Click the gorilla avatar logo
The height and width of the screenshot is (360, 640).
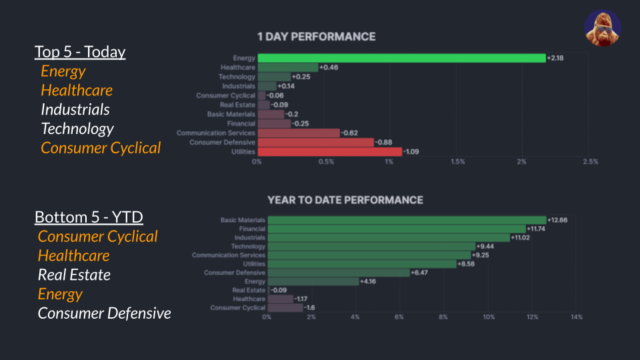pyautogui.click(x=603, y=29)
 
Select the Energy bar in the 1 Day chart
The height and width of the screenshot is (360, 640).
pyautogui.click(x=401, y=58)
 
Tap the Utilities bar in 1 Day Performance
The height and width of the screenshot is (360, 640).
pyautogui.click(x=329, y=152)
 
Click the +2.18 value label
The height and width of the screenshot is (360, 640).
pyautogui.click(x=555, y=58)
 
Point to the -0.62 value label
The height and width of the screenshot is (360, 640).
pyautogui.click(x=349, y=133)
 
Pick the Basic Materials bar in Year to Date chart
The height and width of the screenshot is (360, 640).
pyautogui.click(x=407, y=220)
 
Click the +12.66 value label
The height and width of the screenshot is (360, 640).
pyautogui.click(x=557, y=220)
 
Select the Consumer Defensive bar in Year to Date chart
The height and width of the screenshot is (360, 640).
pyautogui.click(x=338, y=273)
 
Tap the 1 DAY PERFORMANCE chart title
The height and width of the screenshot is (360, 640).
pyautogui.click(x=316, y=37)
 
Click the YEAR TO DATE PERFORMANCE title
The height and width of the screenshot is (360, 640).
pyautogui.click(x=345, y=200)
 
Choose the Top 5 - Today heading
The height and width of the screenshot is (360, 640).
pyautogui.click(x=80, y=52)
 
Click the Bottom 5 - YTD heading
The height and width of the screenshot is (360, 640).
pyautogui.click(x=89, y=217)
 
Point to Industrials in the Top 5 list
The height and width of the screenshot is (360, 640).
pyautogui.click(x=75, y=109)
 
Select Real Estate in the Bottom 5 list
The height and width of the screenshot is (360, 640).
pyautogui.click(x=74, y=275)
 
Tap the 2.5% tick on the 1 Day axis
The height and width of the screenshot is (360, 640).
pyautogui.click(x=590, y=162)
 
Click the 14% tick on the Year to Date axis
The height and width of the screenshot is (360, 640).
pyautogui.click(x=577, y=317)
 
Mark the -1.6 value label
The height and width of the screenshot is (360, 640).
pyautogui.click(x=310, y=307)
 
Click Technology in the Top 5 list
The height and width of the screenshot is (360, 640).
pyautogui.click(x=77, y=129)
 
